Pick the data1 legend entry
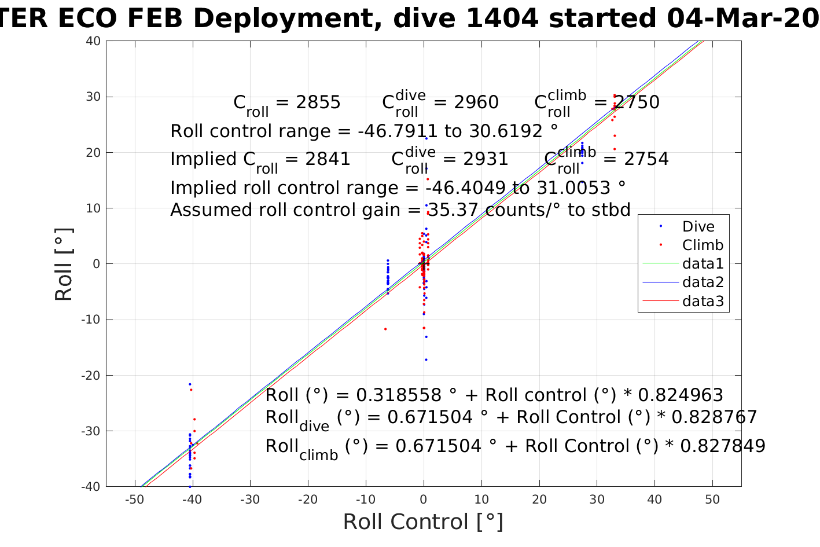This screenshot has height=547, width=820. pyautogui.click(x=703, y=264)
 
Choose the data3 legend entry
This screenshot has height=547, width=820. pyautogui.click(x=703, y=301)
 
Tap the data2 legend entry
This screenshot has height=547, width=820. pyautogui.click(x=703, y=282)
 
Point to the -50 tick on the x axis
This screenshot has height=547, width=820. pyautogui.click(x=134, y=500)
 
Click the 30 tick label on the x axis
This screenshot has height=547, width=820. pyautogui.click(x=597, y=500)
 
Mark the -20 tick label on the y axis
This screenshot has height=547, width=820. pyautogui.click(x=90, y=376)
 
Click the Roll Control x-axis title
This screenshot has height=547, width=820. pyautogui.click(x=423, y=522)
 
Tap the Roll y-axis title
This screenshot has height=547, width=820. pyautogui.click(x=64, y=264)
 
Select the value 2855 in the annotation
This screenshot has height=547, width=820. pyautogui.click(x=318, y=102)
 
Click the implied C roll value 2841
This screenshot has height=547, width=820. pyautogui.click(x=327, y=159)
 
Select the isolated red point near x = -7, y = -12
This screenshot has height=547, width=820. pyautogui.click(x=385, y=329)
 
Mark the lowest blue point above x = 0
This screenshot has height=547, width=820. pyautogui.click(x=426, y=359)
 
